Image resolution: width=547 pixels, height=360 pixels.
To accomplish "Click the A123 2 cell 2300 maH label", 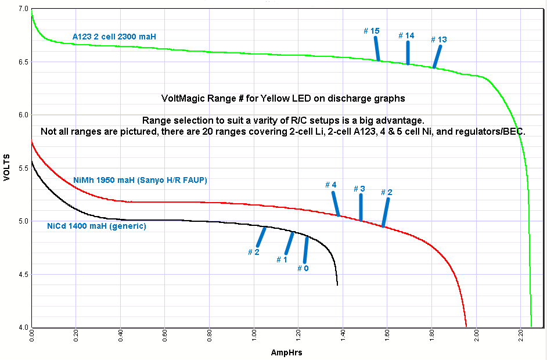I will coord(114,37).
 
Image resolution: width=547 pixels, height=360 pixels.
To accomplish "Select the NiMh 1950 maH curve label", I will coord(140,181).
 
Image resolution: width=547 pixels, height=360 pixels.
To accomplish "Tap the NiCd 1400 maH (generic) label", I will coord(96,226).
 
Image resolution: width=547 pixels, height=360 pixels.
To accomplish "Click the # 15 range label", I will coord(372,30).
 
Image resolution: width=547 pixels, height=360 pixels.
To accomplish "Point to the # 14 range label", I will coord(406,36).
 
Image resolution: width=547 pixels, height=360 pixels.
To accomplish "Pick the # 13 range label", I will coord(439,39).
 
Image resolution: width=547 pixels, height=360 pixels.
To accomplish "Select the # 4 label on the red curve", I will coord(330,185).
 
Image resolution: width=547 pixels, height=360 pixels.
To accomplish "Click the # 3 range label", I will coord(359,189).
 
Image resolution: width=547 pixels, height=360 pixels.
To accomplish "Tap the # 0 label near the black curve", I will coord(303,268).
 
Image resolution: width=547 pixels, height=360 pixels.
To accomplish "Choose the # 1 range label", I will coord(282,260).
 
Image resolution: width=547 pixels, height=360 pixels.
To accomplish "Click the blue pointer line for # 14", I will coord(408,52).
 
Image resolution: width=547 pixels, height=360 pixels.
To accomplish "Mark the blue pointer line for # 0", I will coord(306,250).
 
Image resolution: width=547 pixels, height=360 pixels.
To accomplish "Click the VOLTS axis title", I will coord(7,167).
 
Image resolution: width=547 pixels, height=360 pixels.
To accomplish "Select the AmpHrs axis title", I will coord(286,352).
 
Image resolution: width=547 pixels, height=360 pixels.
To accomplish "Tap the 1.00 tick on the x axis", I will coord(254,337).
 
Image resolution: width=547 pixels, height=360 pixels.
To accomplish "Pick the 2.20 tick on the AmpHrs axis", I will coord(520,337).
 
